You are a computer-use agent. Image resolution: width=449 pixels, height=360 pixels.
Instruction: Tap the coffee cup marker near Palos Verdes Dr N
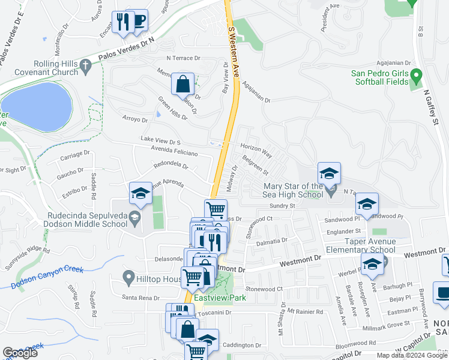[x=139, y=21]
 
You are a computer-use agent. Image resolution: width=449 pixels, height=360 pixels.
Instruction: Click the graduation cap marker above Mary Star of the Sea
[x=329, y=174]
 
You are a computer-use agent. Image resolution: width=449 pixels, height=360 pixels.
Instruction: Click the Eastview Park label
[x=217, y=296]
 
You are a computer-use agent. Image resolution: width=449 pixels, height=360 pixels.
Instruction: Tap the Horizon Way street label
[x=256, y=151]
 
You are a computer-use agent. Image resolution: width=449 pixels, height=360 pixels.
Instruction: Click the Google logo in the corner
[x=20, y=353]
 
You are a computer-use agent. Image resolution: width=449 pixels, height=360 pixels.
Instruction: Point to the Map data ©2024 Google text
[x=412, y=355]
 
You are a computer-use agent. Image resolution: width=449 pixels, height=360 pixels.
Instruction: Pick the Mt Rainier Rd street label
[x=305, y=311]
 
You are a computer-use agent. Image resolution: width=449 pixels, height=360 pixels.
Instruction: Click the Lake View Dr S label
[x=160, y=141]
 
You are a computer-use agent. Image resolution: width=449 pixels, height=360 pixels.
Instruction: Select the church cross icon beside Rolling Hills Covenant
[x=86, y=67]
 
